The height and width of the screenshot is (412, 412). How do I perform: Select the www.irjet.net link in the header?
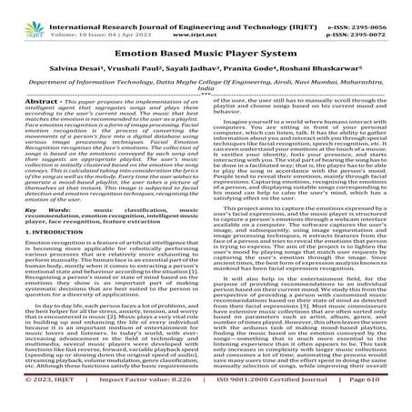click(210, 15)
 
